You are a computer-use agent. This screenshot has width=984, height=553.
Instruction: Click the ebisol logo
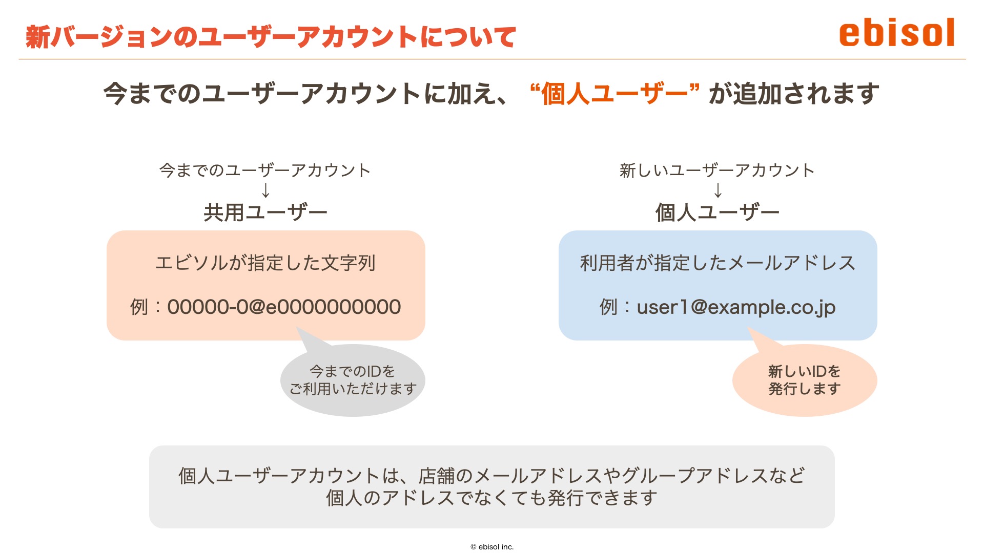pos(897,32)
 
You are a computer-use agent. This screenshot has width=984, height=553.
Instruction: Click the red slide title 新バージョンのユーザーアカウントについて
pos(271,37)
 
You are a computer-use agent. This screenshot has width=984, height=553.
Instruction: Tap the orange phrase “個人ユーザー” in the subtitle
pos(615,94)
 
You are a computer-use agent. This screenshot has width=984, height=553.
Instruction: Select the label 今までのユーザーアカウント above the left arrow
pos(265,170)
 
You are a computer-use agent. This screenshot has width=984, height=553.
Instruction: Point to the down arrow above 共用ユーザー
pos(265,190)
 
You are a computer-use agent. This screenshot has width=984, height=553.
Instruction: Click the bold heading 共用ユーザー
pos(265,212)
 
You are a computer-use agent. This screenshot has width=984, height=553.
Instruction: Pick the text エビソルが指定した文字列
pos(265,263)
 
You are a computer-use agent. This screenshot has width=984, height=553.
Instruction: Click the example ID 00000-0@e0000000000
pos(284,307)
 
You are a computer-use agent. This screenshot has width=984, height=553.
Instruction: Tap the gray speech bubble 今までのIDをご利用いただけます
pos(353,380)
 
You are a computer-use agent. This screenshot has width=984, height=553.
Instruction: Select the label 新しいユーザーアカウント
pos(717,170)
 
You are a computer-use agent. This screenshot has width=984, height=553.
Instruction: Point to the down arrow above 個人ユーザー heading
pos(718,190)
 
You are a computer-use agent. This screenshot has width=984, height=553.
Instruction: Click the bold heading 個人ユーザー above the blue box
pos(717,212)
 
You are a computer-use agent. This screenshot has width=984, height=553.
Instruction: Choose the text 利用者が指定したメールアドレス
pos(717,263)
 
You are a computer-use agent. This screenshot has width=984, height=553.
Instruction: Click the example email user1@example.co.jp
pos(736,307)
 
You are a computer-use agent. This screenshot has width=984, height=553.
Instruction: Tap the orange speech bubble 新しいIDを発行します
pos(805,380)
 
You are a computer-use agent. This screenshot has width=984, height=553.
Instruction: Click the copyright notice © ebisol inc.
pos(492,547)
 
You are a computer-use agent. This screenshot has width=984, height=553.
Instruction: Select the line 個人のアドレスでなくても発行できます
pos(491,498)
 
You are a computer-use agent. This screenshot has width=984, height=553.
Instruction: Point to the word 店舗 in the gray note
pos(437,476)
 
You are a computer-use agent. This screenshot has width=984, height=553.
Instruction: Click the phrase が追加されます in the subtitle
pos(794,94)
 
